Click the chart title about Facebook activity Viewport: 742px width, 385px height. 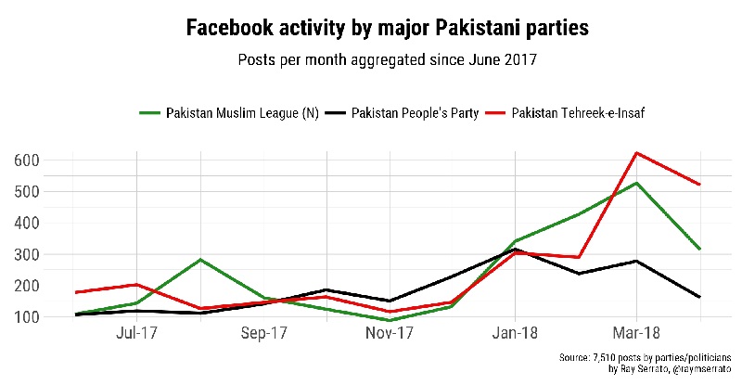pos(387,29)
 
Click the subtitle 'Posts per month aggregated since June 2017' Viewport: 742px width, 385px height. pos(387,61)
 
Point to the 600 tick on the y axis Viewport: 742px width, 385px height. pos(27,160)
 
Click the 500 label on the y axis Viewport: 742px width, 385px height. pos(27,192)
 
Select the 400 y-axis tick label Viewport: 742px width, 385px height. pos(27,224)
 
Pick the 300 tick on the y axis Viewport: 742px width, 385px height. pos(27,254)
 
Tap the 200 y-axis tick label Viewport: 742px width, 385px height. pos(27,286)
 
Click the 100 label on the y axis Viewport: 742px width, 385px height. pos(27,317)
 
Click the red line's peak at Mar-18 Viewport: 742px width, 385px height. pos(635,152)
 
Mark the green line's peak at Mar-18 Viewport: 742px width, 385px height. pos(635,183)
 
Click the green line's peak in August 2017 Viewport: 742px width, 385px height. pos(199,260)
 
